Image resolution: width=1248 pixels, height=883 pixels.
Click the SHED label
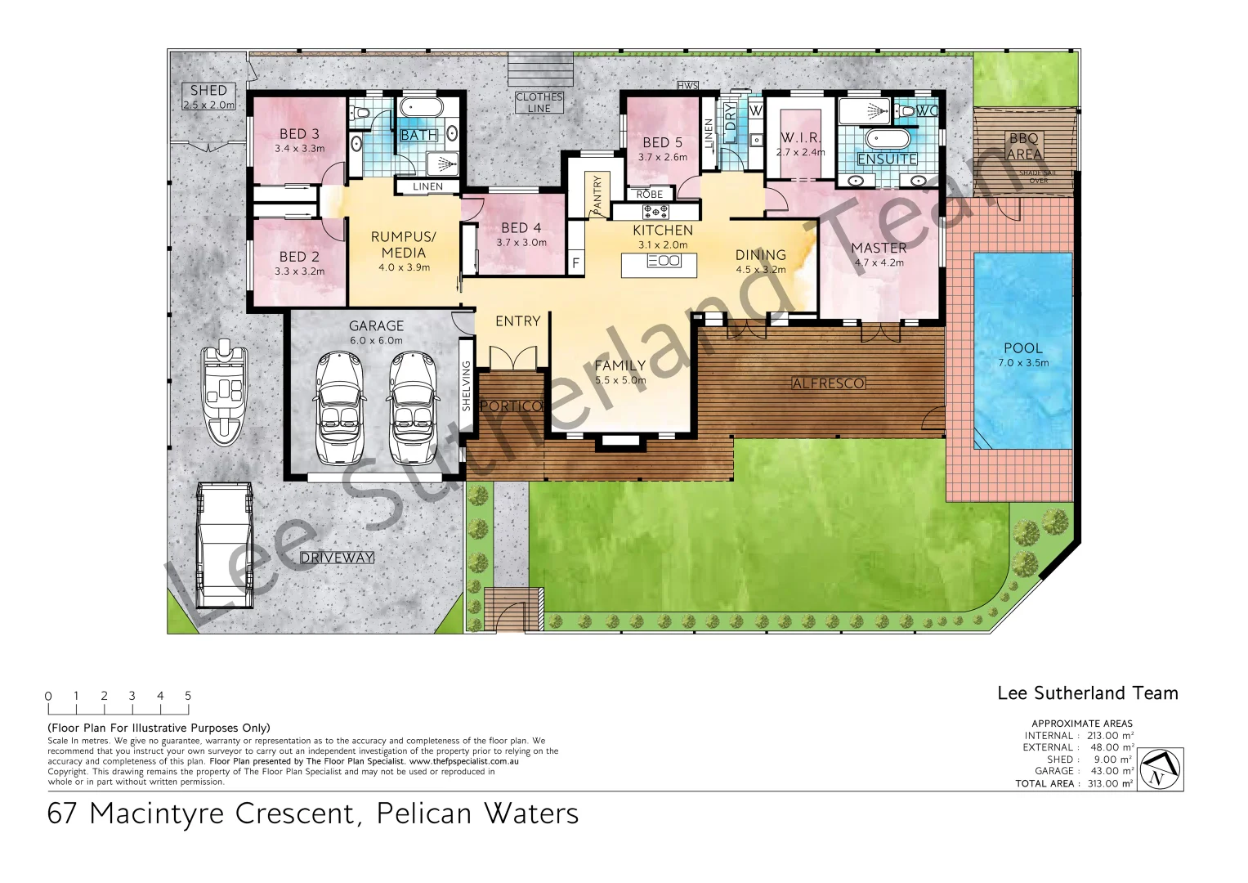click(x=208, y=91)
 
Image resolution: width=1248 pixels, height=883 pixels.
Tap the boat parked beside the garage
click(x=225, y=394)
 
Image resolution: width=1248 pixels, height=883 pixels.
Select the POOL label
click(x=1022, y=348)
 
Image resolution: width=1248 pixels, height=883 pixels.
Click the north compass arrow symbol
click(x=1160, y=769)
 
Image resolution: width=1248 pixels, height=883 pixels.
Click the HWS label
click(x=687, y=86)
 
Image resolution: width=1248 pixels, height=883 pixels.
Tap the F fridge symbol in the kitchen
click(x=575, y=263)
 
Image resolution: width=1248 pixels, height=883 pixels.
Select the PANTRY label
click(x=597, y=195)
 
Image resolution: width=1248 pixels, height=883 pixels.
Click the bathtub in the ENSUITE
click(x=887, y=137)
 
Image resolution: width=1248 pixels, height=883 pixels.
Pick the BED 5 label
click(x=662, y=142)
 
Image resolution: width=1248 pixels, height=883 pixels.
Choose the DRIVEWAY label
click(x=337, y=558)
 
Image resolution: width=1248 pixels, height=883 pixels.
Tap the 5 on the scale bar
click(x=188, y=696)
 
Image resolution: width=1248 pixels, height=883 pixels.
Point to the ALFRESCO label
click(x=828, y=383)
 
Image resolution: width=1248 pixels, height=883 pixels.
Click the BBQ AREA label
click(x=1024, y=146)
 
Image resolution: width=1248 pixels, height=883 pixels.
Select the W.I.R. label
click(x=800, y=137)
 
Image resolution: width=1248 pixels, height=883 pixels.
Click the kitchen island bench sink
click(x=663, y=261)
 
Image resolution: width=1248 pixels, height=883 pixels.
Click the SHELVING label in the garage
click(x=467, y=386)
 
